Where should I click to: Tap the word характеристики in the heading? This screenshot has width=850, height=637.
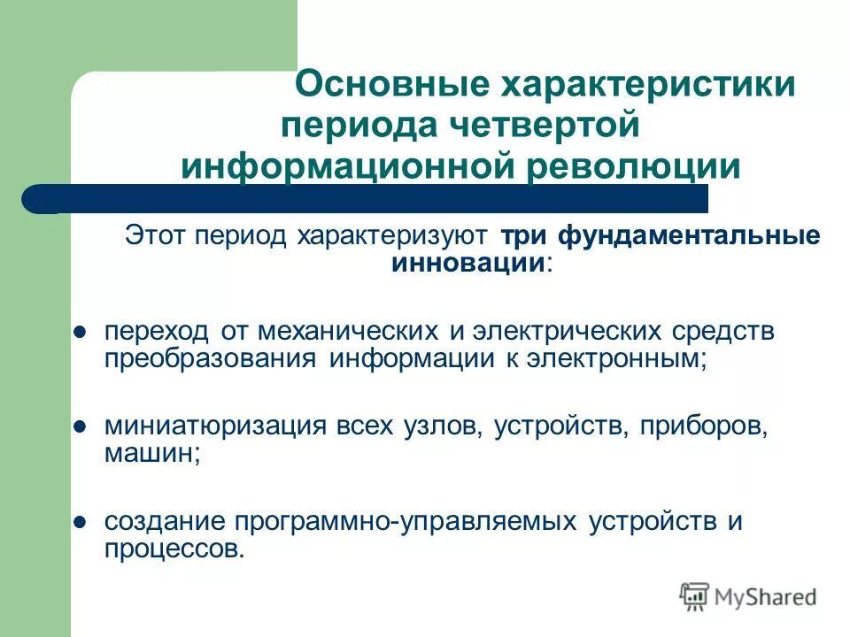click(649, 86)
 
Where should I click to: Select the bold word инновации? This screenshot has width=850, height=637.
click(467, 262)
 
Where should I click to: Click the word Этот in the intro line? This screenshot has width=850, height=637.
click(157, 236)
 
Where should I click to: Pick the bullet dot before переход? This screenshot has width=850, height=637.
click(79, 332)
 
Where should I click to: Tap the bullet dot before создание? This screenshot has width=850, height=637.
click(79, 522)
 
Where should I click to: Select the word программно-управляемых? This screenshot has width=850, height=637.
click(403, 522)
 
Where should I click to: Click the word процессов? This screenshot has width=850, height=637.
click(170, 549)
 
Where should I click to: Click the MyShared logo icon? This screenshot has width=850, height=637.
click(695, 595)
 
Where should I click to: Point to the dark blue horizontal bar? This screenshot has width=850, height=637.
click(372, 197)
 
